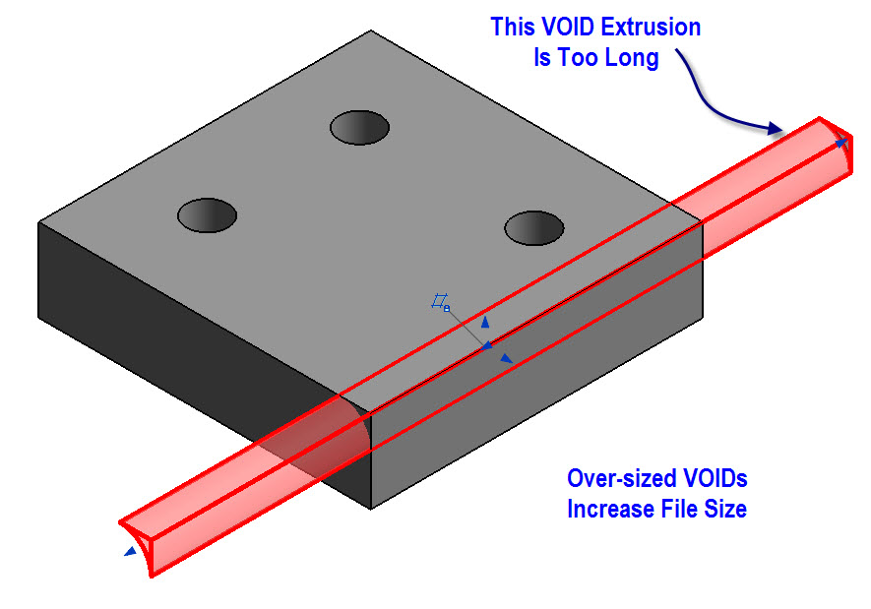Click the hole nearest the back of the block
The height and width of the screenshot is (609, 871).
(359, 128)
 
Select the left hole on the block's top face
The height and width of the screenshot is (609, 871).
(207, 214)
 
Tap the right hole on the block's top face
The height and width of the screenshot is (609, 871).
(534, 227)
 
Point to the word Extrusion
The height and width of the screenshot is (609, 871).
(654, 28)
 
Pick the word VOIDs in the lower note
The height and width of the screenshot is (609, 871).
(716, 479)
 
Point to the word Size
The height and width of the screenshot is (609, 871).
(727, 510)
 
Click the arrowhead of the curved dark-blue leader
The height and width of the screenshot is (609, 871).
(778, 128)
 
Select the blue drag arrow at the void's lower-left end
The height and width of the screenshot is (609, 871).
(129, 553)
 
